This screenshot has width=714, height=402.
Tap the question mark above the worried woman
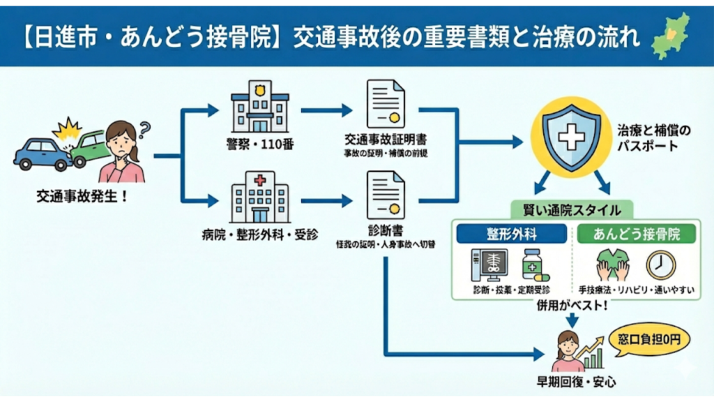(x=145, y=129)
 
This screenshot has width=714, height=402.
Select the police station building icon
(x=260, y=108)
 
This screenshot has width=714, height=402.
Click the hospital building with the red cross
(x=260, y=198)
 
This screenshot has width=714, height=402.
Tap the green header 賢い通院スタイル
(x=571, y=209)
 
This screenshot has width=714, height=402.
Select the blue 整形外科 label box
(x=513, y=233)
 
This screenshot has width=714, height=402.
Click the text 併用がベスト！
(x=570, y=306)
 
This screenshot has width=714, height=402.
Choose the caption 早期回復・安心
(x=571, y=382)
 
